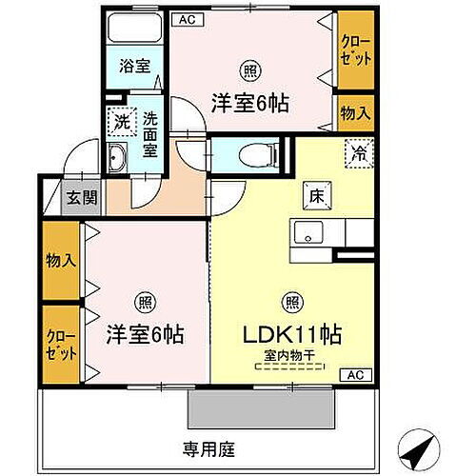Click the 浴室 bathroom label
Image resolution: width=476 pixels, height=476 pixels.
tap(134, 67)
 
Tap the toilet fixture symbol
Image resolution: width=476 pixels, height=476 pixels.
tap(253, 152)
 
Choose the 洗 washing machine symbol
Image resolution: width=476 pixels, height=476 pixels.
tap(122, 122)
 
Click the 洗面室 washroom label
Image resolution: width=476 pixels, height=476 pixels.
tap(150, 134)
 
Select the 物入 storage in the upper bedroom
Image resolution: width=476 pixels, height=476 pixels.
tap(356, 112)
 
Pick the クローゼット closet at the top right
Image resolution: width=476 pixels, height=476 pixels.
tap(356, 50)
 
